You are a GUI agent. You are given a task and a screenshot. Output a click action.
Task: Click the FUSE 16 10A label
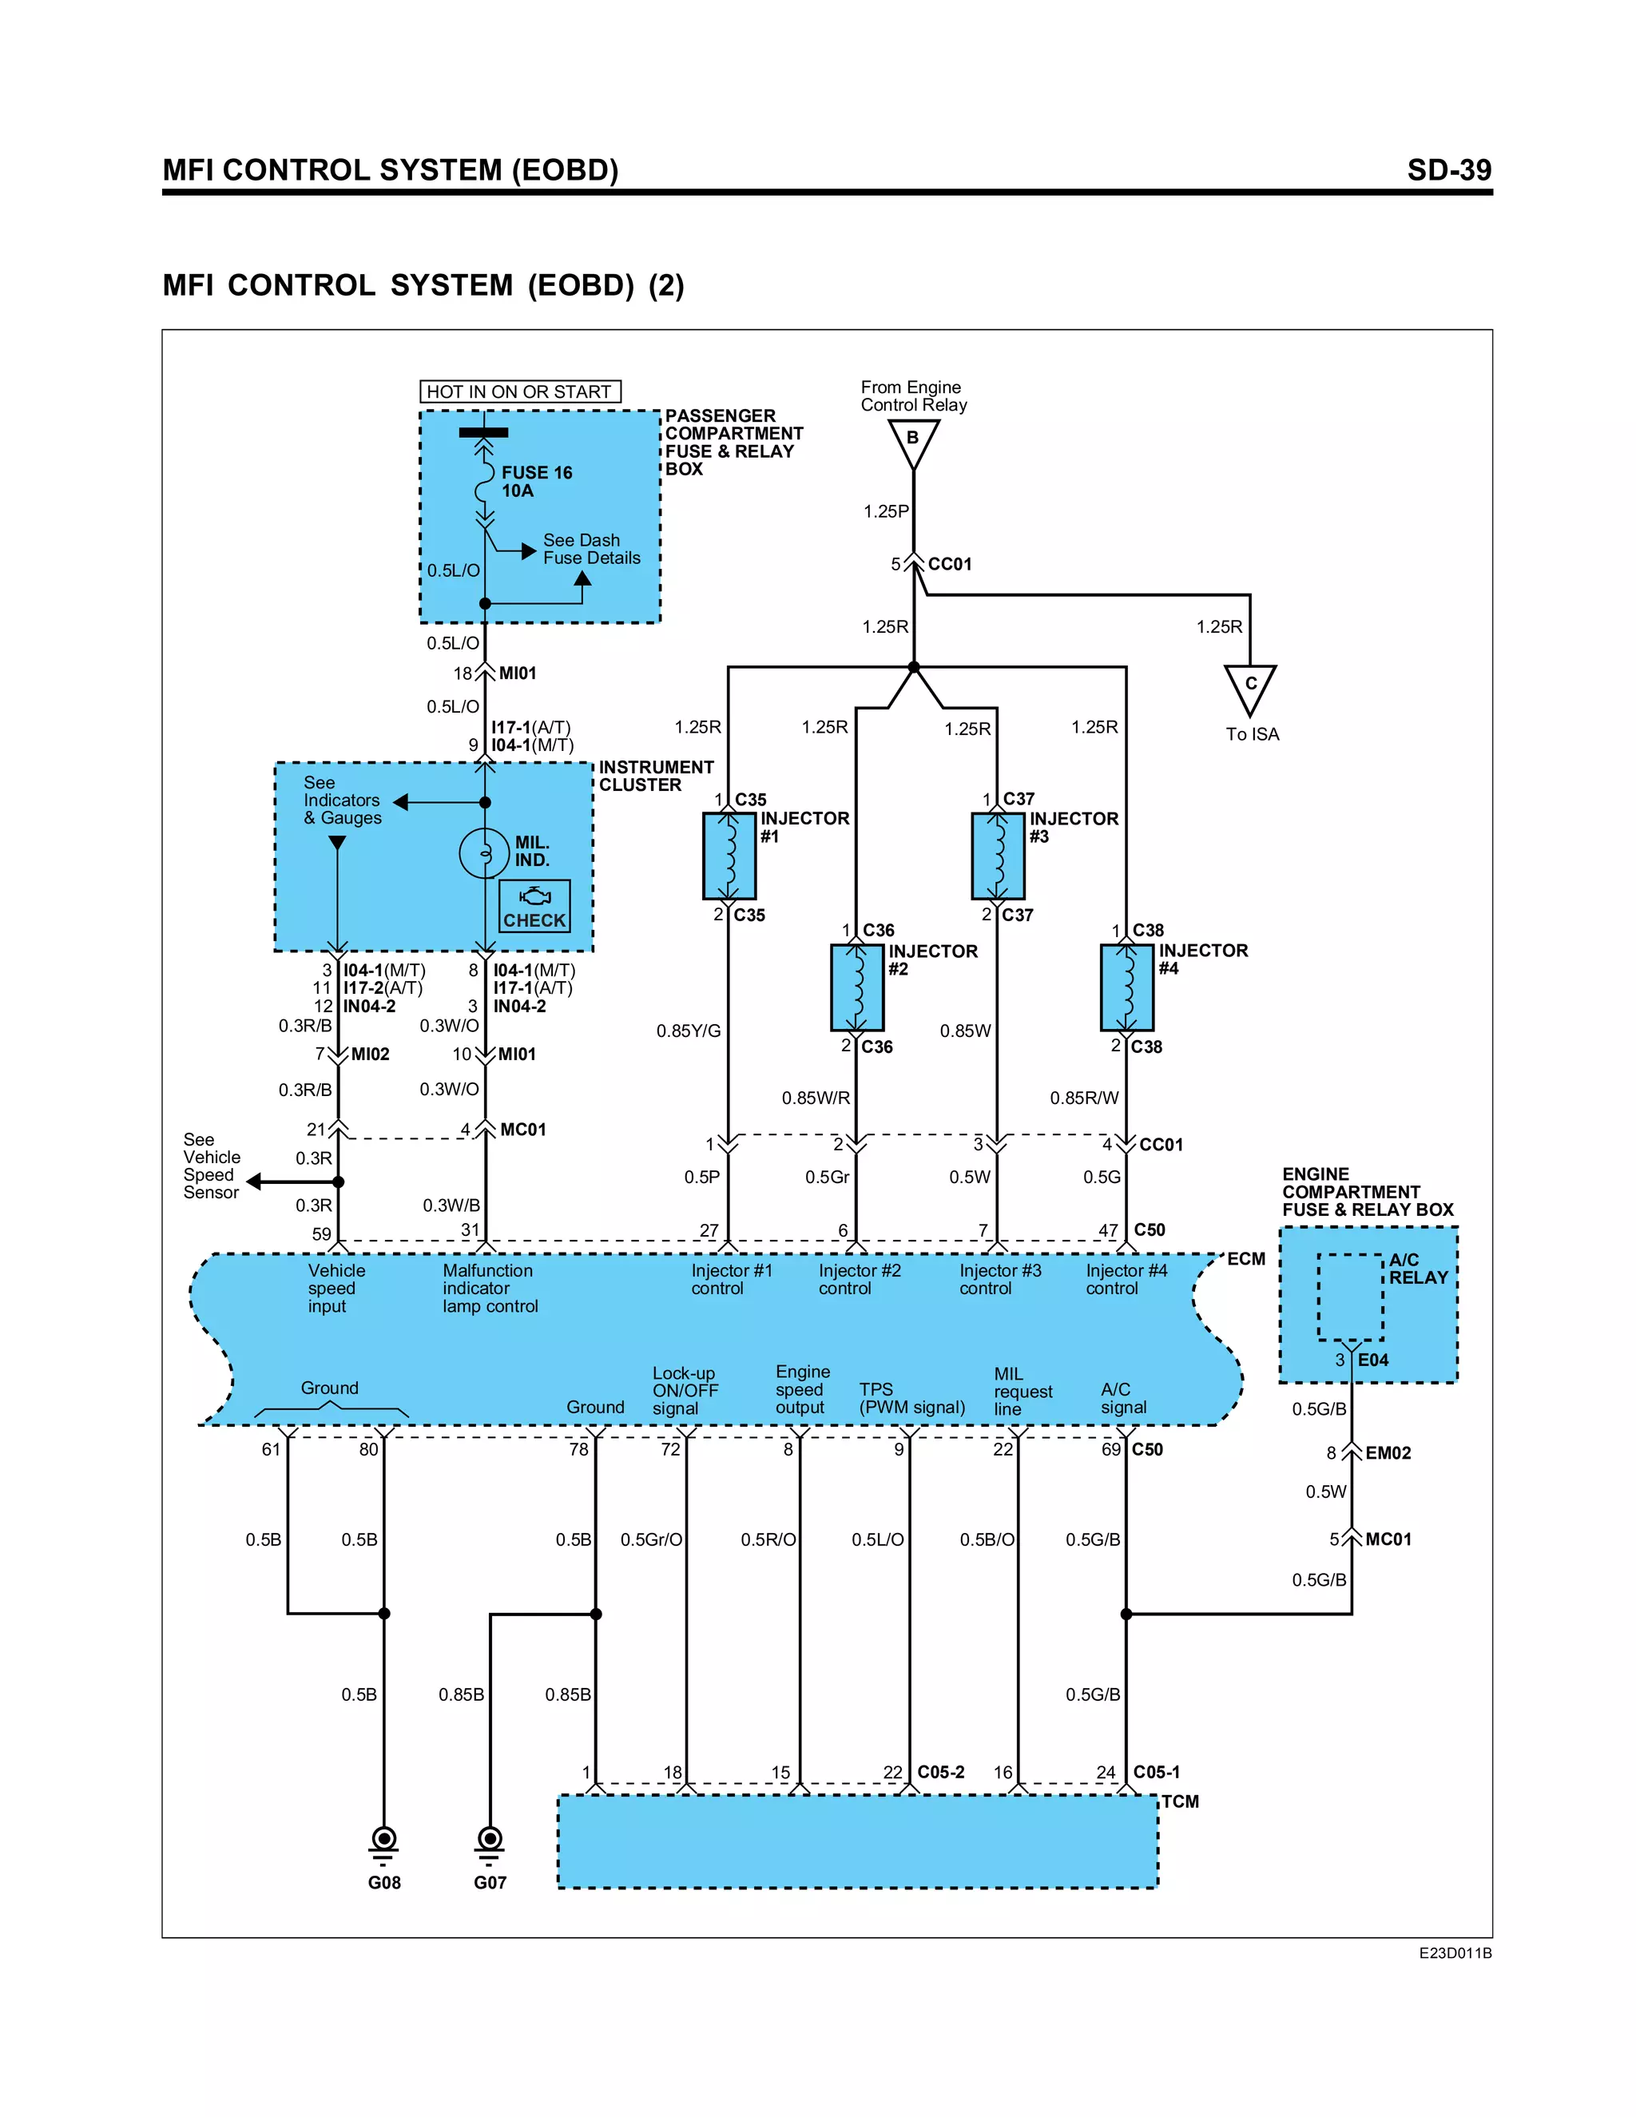click(536, 481)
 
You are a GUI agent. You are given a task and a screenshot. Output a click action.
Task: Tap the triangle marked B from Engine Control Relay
click(913, 442)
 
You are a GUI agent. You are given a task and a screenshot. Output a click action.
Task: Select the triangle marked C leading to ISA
click(1249, 687)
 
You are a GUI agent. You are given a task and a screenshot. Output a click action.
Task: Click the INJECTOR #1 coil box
click(729, 856)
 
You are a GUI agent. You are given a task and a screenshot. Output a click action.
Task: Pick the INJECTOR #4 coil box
click(1126, 987)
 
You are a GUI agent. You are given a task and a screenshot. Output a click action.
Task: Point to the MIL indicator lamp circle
click(483, 853)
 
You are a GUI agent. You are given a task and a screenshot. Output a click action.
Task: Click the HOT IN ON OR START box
click(519, 391)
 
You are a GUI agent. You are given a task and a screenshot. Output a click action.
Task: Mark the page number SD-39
click(1448, 171)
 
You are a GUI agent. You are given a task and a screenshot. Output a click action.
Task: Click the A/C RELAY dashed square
click(1350, 1297)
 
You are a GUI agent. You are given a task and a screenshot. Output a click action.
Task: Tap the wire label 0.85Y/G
click(688, 1031)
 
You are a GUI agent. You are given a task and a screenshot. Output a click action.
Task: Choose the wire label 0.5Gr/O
click(651, 1539)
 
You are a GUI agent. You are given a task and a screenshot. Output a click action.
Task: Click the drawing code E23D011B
click(1454, 1954)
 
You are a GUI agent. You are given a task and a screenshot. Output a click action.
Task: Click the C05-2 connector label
click(940, 1772)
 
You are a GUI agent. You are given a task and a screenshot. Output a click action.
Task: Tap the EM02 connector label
click(1388, 1453)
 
